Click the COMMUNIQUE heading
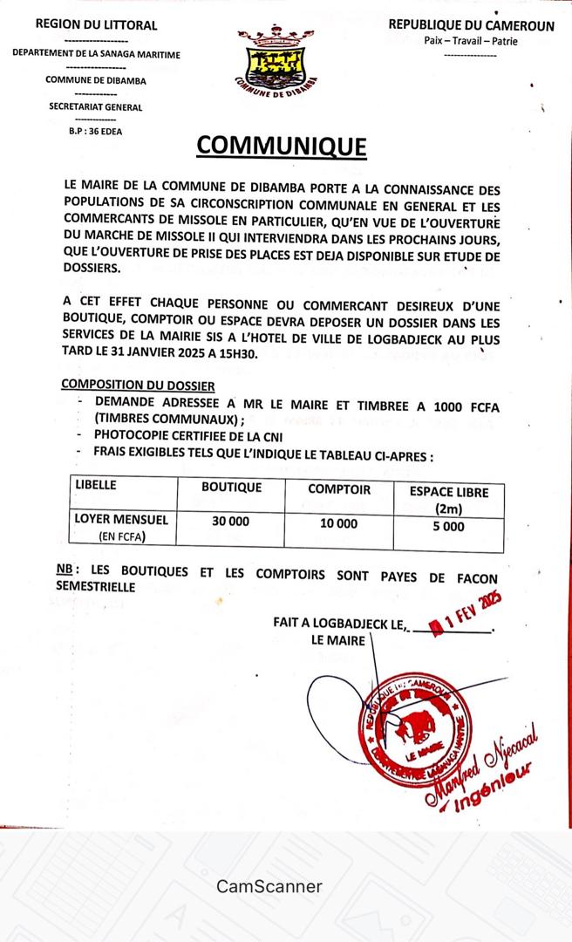(x=282, y=145)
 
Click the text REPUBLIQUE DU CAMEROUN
(x=471, y=26)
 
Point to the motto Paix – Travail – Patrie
(x=471, y=41)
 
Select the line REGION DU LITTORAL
(x=97, y=25)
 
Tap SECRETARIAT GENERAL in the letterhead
(x=96, y=107)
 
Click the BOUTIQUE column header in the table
(x=231, y=488)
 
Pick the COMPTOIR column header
(x=339, y=488)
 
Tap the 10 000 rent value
(x=339, y=523)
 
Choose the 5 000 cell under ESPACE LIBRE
(x=449, y=526)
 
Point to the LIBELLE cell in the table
(x=96, y=485)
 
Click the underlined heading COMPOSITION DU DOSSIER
(x=138, y=385)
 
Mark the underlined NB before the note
(x=65, y=569)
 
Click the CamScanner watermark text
(x=269, y=886)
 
